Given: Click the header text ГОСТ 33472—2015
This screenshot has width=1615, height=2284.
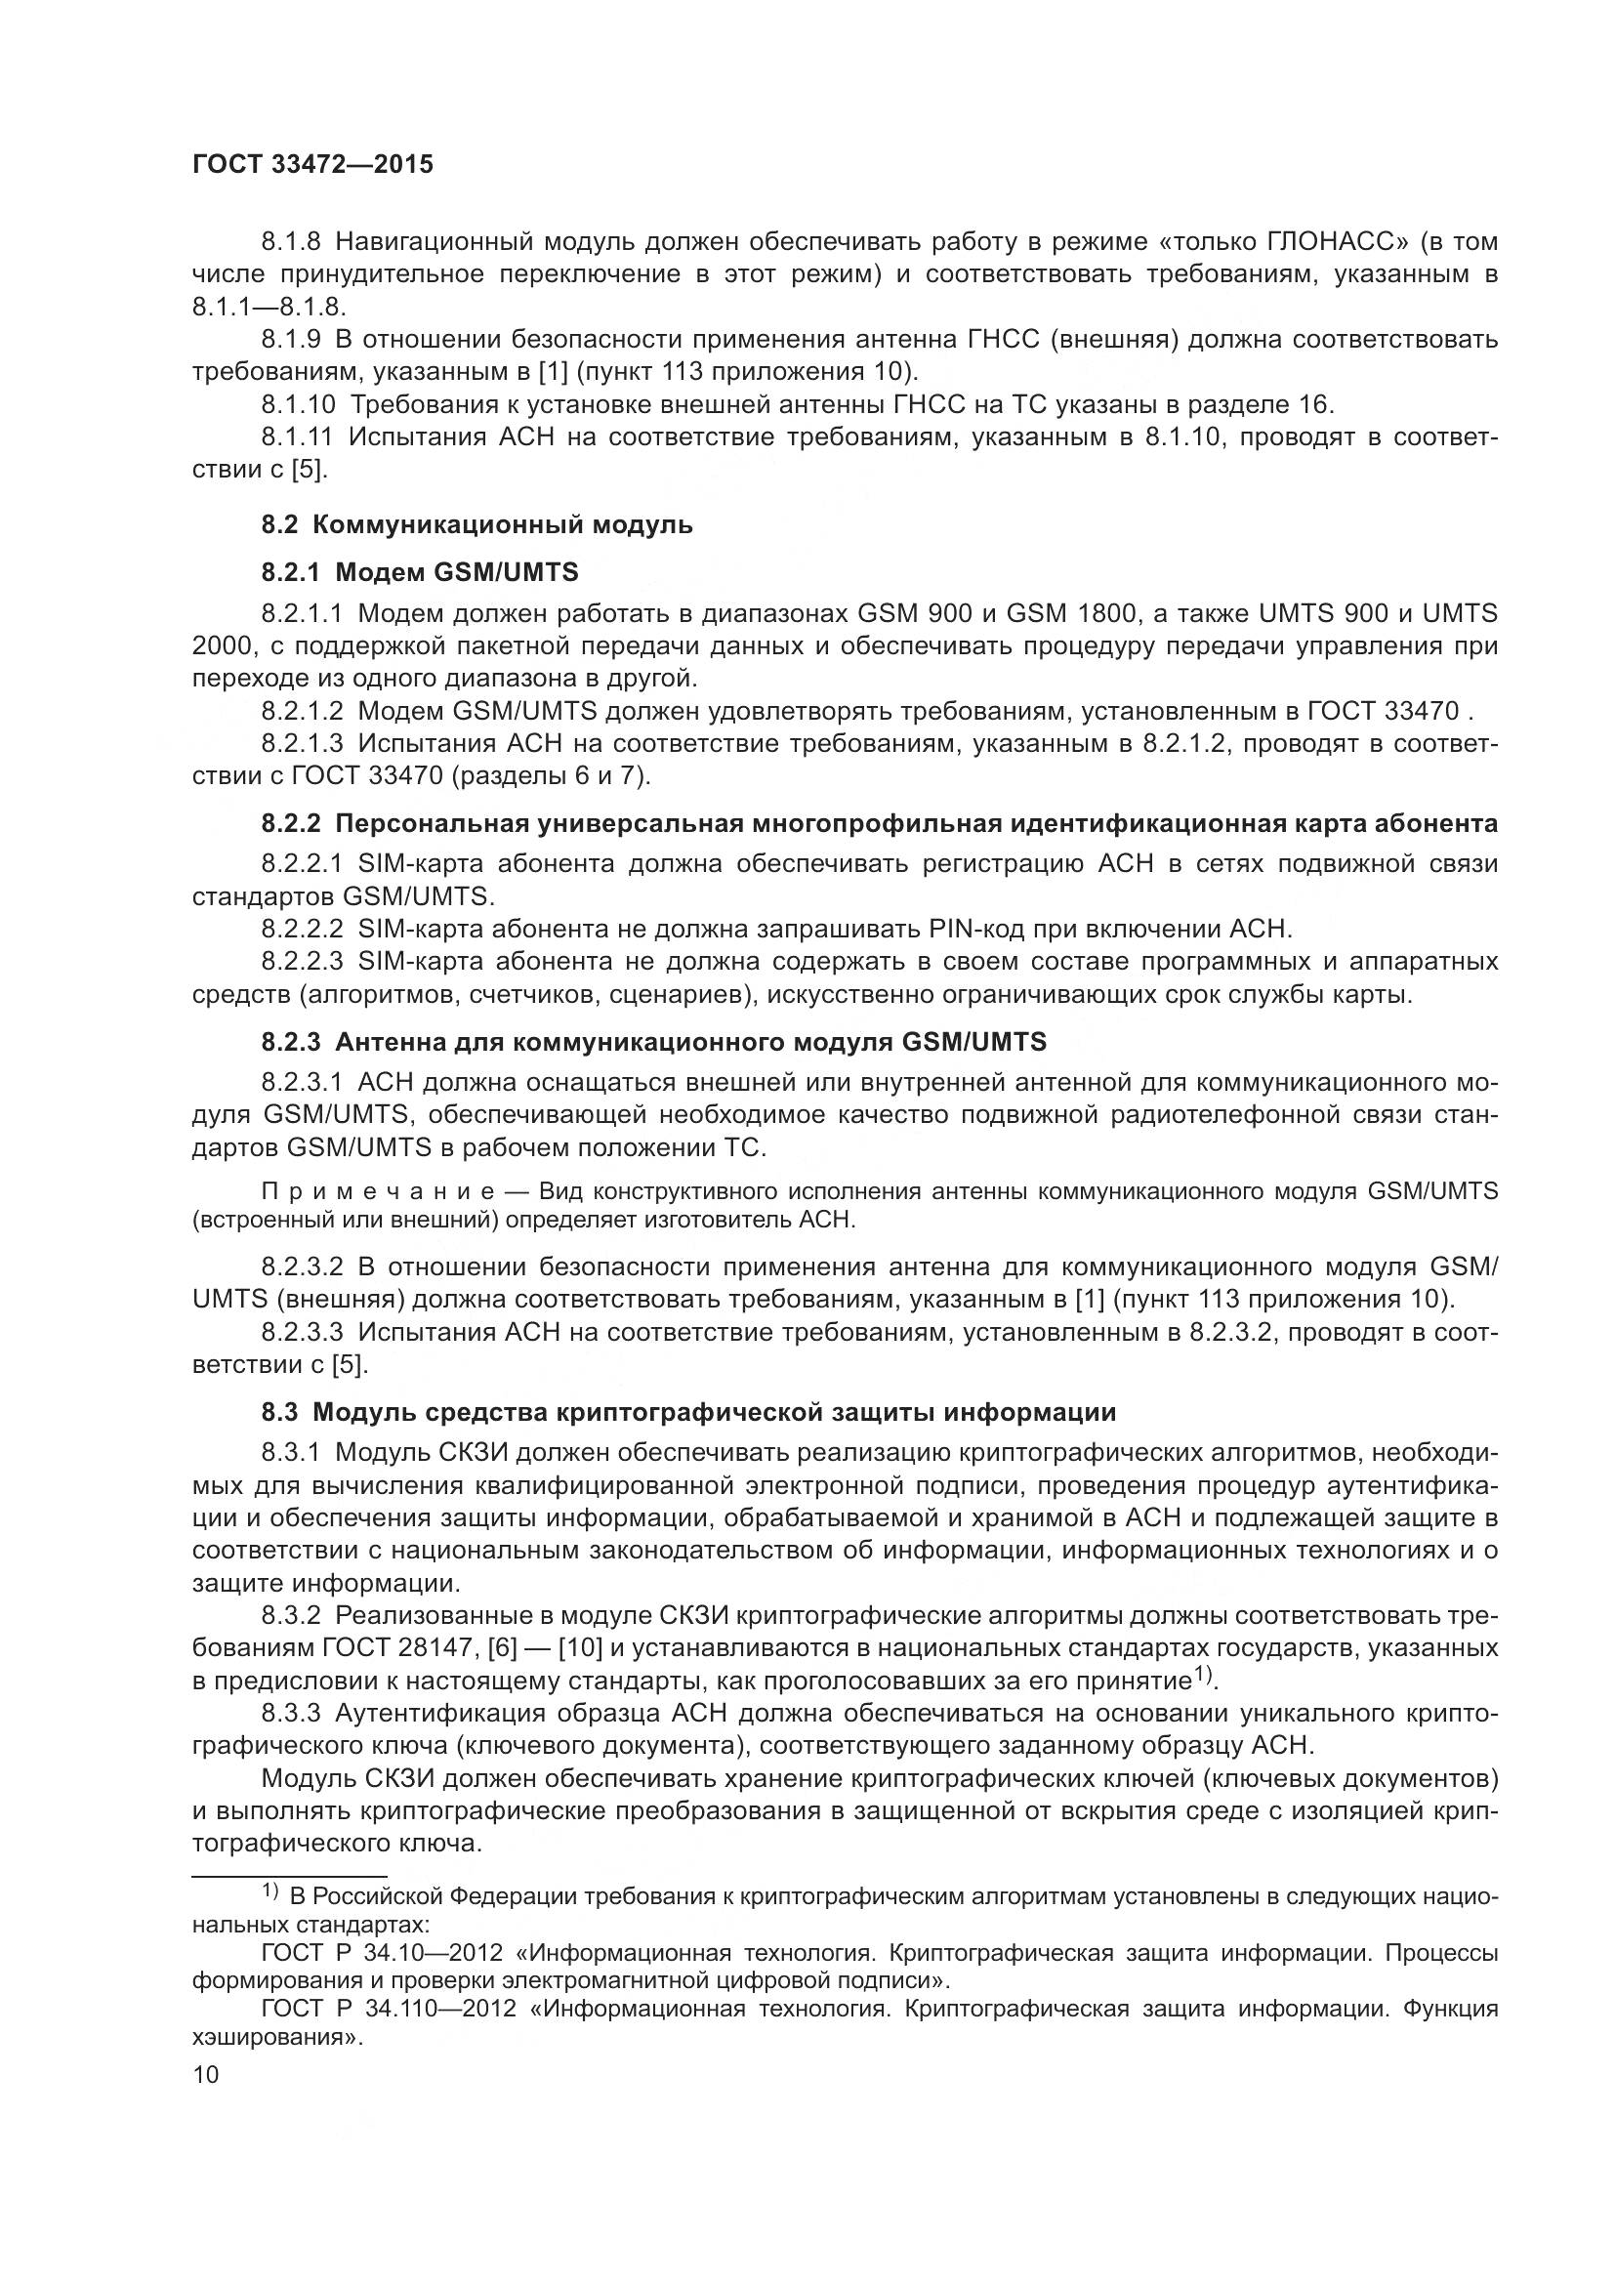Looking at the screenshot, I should coord(312,165).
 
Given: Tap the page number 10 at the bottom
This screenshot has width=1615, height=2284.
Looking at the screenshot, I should coord(205,2073).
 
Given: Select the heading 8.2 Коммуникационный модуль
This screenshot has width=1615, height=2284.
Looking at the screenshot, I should coord(477,524).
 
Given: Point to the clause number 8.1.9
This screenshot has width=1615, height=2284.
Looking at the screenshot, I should coord(290,339).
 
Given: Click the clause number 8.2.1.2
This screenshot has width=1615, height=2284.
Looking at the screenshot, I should coord(303,710).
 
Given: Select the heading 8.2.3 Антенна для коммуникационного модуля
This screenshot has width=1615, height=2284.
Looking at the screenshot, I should coord(654,1042).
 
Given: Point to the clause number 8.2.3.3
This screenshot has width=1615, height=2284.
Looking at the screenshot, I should coord(303,1331).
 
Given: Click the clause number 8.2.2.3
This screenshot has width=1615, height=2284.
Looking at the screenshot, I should coord(303,961).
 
